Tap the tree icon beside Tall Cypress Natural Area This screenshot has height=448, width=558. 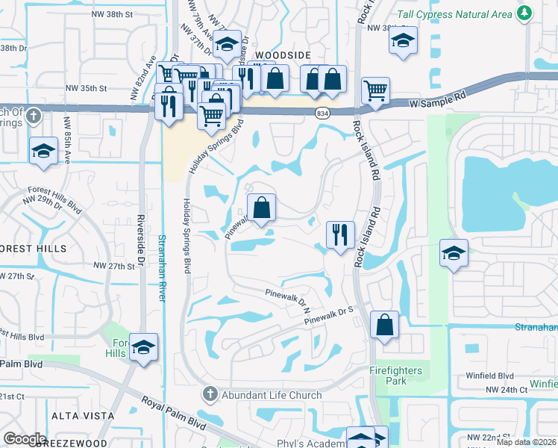click(x=525, y=13)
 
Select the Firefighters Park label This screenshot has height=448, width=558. click(x=395, y=376)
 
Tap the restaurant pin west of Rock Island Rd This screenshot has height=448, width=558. click(x=340, y=234)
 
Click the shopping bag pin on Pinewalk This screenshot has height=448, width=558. click(x=261, y=208)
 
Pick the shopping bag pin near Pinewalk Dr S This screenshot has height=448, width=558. click(x=384, y=325)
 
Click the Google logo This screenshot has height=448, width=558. click(x=25, y=438)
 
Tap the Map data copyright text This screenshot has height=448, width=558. click(x=527, y=442)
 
